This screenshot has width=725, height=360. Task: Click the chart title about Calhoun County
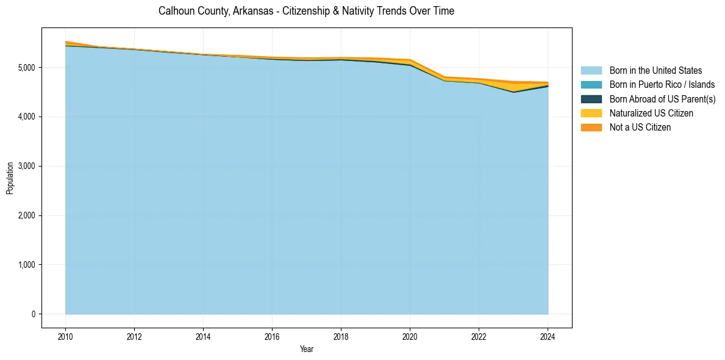click(x=306, y=11)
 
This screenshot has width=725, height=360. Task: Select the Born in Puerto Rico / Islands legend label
click(x=662, y=85)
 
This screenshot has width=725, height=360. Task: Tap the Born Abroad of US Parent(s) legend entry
click(x=662, y=99)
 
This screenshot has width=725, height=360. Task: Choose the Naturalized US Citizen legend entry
click(x=651, y=113)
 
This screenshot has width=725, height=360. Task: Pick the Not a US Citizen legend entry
click(x=640, y=127)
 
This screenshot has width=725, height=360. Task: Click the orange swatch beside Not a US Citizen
click(x=591, y=127)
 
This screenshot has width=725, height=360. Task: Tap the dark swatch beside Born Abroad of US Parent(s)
click(x=591, y=99)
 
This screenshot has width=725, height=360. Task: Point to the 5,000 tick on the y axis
click(x=27, y=67)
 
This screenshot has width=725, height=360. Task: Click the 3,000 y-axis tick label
click(x=27, y=166)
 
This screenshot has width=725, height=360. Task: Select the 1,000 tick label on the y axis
click(x=27, y=265)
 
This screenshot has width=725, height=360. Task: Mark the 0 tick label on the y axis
click(x=34, y=314)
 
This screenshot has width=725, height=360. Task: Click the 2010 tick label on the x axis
click(x=65, y=336)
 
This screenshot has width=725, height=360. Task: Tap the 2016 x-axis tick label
click(x=272, y=336)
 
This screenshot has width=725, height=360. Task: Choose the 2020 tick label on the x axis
click(x=410, y=336)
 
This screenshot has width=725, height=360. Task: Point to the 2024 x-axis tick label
click(x=548, y=336)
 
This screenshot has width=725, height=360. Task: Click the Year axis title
click(x=306, y=349)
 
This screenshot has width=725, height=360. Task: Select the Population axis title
click(x=10, y=178)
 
